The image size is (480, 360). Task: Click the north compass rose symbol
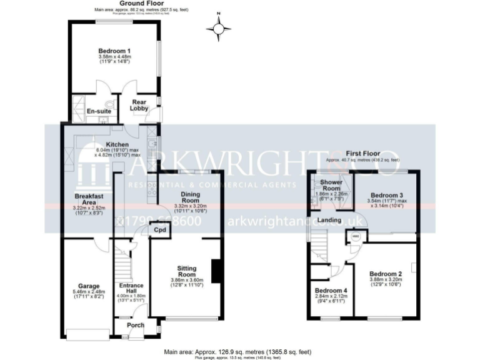click(x=218, y=27)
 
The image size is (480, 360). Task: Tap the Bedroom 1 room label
click(x=114, y=51)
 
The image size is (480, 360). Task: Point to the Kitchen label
click(x=117, y=145)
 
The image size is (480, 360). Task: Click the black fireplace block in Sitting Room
click(x=216, y=270)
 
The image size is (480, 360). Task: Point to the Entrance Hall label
click(x=131, y=289)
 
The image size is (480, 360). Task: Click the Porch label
click(x=136, y=324)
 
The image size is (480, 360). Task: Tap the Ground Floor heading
click(x=141, y=4)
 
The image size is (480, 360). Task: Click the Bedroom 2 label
click(x=385, y=273)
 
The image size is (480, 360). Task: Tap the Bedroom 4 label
click(x=331, y=291)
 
